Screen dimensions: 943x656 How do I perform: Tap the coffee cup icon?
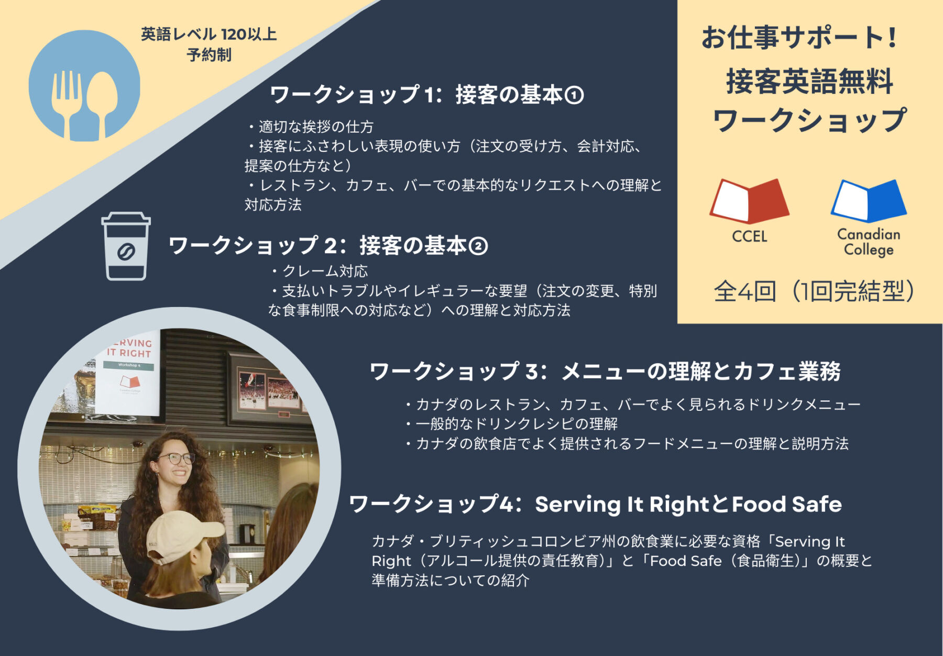coord(126,246)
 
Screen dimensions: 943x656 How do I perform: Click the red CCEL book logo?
coord(749,201)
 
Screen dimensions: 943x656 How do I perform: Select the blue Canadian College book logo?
coord(869,201)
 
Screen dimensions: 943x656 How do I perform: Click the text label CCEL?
coord(749,236)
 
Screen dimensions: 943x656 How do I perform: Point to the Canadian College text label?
coord(869,242)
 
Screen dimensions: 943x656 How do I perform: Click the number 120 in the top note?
coord(234,35)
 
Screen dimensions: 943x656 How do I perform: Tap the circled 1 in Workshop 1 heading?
coord(574,95)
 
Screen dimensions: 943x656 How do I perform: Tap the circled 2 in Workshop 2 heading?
coord(478,246)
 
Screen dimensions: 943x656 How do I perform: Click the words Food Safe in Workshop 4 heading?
coord(787,504)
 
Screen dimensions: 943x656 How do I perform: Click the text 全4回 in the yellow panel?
coord(745,291)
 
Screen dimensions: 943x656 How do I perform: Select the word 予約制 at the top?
coord(209,55)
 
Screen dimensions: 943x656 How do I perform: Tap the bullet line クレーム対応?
coord(320,271)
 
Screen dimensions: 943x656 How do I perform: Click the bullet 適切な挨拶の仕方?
coord(310,127)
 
